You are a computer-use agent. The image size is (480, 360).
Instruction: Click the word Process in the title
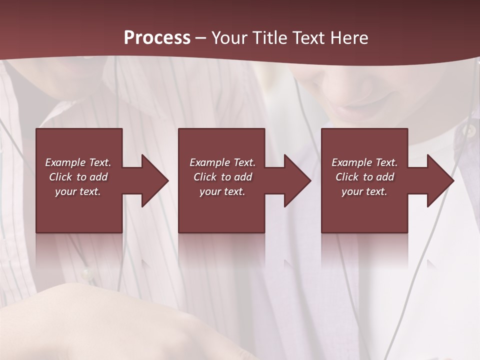tap(157, 38)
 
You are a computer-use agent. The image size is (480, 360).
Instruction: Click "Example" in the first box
tap(65, 162)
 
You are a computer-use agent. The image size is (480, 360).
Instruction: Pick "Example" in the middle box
tap(210, 162)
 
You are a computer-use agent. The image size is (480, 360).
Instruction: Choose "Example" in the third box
tap(352, 162)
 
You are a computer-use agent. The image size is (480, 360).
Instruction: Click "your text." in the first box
tap(78, 191)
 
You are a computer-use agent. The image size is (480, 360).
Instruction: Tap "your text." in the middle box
tap(222, 191)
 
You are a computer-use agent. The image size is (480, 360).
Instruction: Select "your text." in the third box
tap(364, 191)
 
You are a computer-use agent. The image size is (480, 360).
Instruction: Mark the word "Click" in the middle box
tap(205, 177)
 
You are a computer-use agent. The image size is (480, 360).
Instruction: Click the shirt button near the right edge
tap(468, 131)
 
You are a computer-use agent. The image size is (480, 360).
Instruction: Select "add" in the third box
tap(384, 177)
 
